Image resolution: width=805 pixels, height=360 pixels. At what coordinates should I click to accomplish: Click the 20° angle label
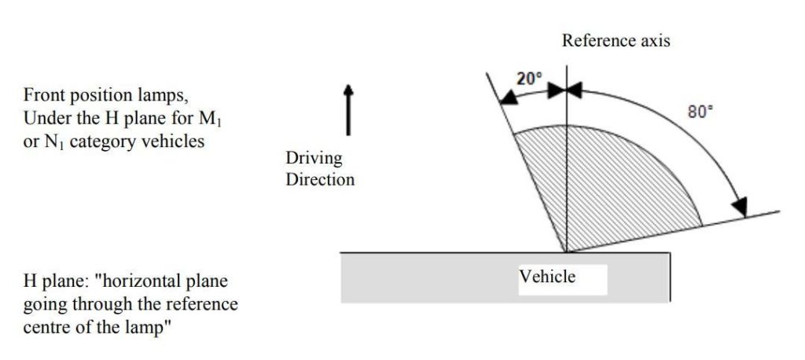(528, 79)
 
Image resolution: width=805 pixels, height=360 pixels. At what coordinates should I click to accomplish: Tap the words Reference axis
(616, 41)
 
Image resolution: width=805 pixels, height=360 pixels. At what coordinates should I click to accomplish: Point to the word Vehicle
(547, 277)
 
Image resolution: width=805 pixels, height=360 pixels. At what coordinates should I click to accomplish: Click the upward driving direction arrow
(348, 110)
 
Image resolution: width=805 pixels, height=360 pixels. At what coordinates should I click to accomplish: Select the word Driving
(314, 159)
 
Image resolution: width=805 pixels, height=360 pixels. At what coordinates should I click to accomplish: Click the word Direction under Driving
(320, 180)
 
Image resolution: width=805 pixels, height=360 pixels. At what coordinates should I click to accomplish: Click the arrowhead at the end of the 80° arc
(739, 207)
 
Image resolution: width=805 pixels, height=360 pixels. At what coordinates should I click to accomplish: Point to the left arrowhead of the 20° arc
(509, 97)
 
